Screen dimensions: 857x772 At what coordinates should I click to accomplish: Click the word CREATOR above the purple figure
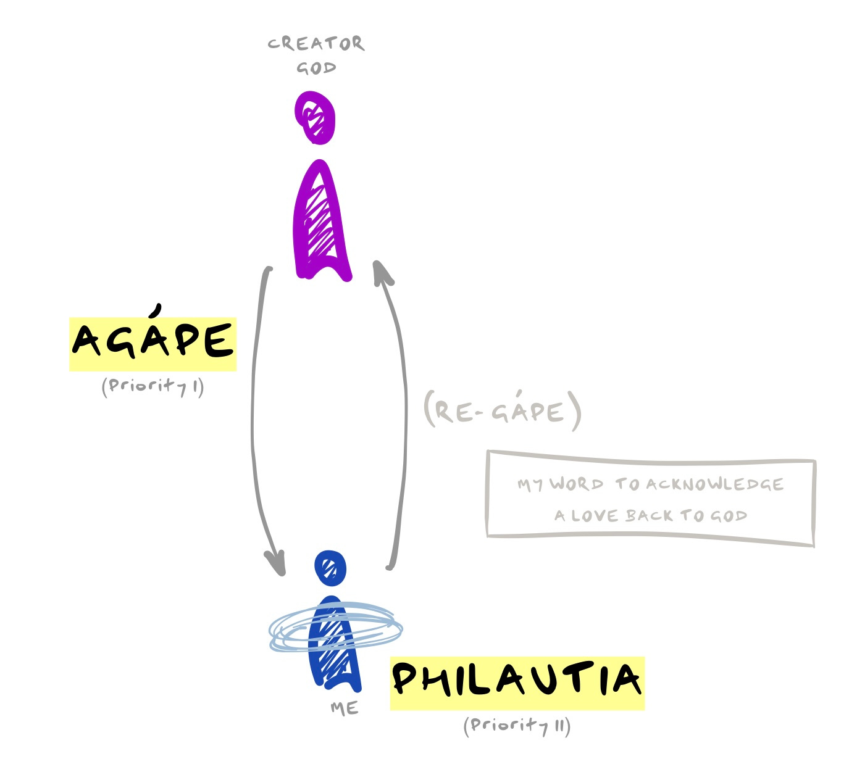pyautogui.click(x=316, y=43)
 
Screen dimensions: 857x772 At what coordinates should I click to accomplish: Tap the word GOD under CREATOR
pyautogui.click(x=316, y=67)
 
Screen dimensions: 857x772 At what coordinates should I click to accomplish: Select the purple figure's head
pyautogui.click(x=316, y=116)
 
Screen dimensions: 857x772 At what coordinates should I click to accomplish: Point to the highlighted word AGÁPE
pyautogui.click(x=153, y=341)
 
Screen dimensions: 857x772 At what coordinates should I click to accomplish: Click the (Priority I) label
pyautogui.click(x=153, y=387)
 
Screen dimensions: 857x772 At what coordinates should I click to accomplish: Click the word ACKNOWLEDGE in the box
pyautogui.click(x=714, y=484)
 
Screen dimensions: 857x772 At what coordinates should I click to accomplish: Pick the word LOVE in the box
pyautogui.click(x=596, y=515)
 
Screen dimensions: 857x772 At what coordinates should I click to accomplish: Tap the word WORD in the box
pyautogui.click(x=577, y=484)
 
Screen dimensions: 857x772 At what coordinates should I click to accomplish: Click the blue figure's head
pyautogui.click(x=330, y=567)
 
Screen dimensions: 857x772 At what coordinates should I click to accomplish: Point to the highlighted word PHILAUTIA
pyautogui.click(x=517, y=679)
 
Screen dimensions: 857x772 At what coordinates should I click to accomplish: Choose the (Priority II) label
pyautogui.click(x=517, y=725)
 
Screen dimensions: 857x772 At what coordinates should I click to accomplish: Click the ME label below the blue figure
pyautogui.click(x=344, y=708)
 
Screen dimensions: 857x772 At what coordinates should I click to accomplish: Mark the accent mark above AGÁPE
pyautogui.click(x=159, y=309)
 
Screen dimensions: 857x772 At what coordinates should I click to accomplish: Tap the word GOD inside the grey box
pyautogui.click(x=729, y=515)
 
